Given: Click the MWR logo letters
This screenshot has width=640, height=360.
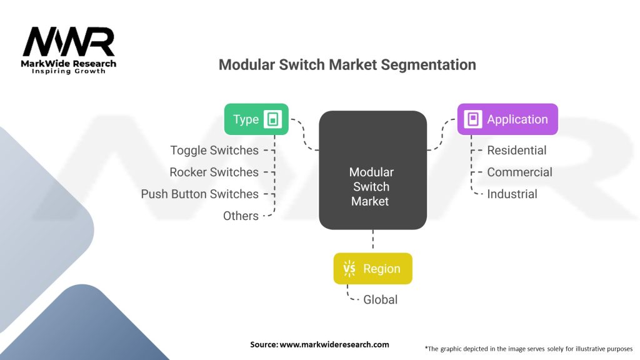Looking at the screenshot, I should coord(69,42).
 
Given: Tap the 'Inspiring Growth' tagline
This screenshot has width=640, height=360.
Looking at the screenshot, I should coord(69,72).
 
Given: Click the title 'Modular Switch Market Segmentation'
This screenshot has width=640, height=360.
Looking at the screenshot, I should coord(347,65).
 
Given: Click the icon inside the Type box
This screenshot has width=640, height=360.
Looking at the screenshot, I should coord(273,119).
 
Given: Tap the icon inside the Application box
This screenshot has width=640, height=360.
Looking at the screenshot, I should coord(473,119).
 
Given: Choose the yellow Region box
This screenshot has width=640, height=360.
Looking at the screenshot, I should coord(372,269).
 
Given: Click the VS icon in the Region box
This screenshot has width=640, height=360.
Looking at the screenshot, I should coord(349,269).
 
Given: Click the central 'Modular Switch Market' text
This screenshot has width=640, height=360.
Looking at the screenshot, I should coord(372,186).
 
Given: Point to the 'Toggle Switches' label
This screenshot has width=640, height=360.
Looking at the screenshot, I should coord(214,150).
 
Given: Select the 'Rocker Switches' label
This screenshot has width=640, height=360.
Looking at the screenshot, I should coord(214,172).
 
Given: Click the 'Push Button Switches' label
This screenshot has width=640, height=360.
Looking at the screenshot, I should coord(199,194).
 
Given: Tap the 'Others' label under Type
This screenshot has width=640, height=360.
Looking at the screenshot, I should coord(241,216).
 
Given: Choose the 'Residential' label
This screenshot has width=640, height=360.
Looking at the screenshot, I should coord(516,150).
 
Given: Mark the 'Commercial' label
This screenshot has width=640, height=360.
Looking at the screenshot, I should coord(519,172).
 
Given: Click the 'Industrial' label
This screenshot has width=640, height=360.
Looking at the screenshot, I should coord(512,194).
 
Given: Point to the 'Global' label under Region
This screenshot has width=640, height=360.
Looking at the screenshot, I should coord(380,299).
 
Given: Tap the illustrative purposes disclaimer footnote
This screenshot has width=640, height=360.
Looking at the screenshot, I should coord(528,348).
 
